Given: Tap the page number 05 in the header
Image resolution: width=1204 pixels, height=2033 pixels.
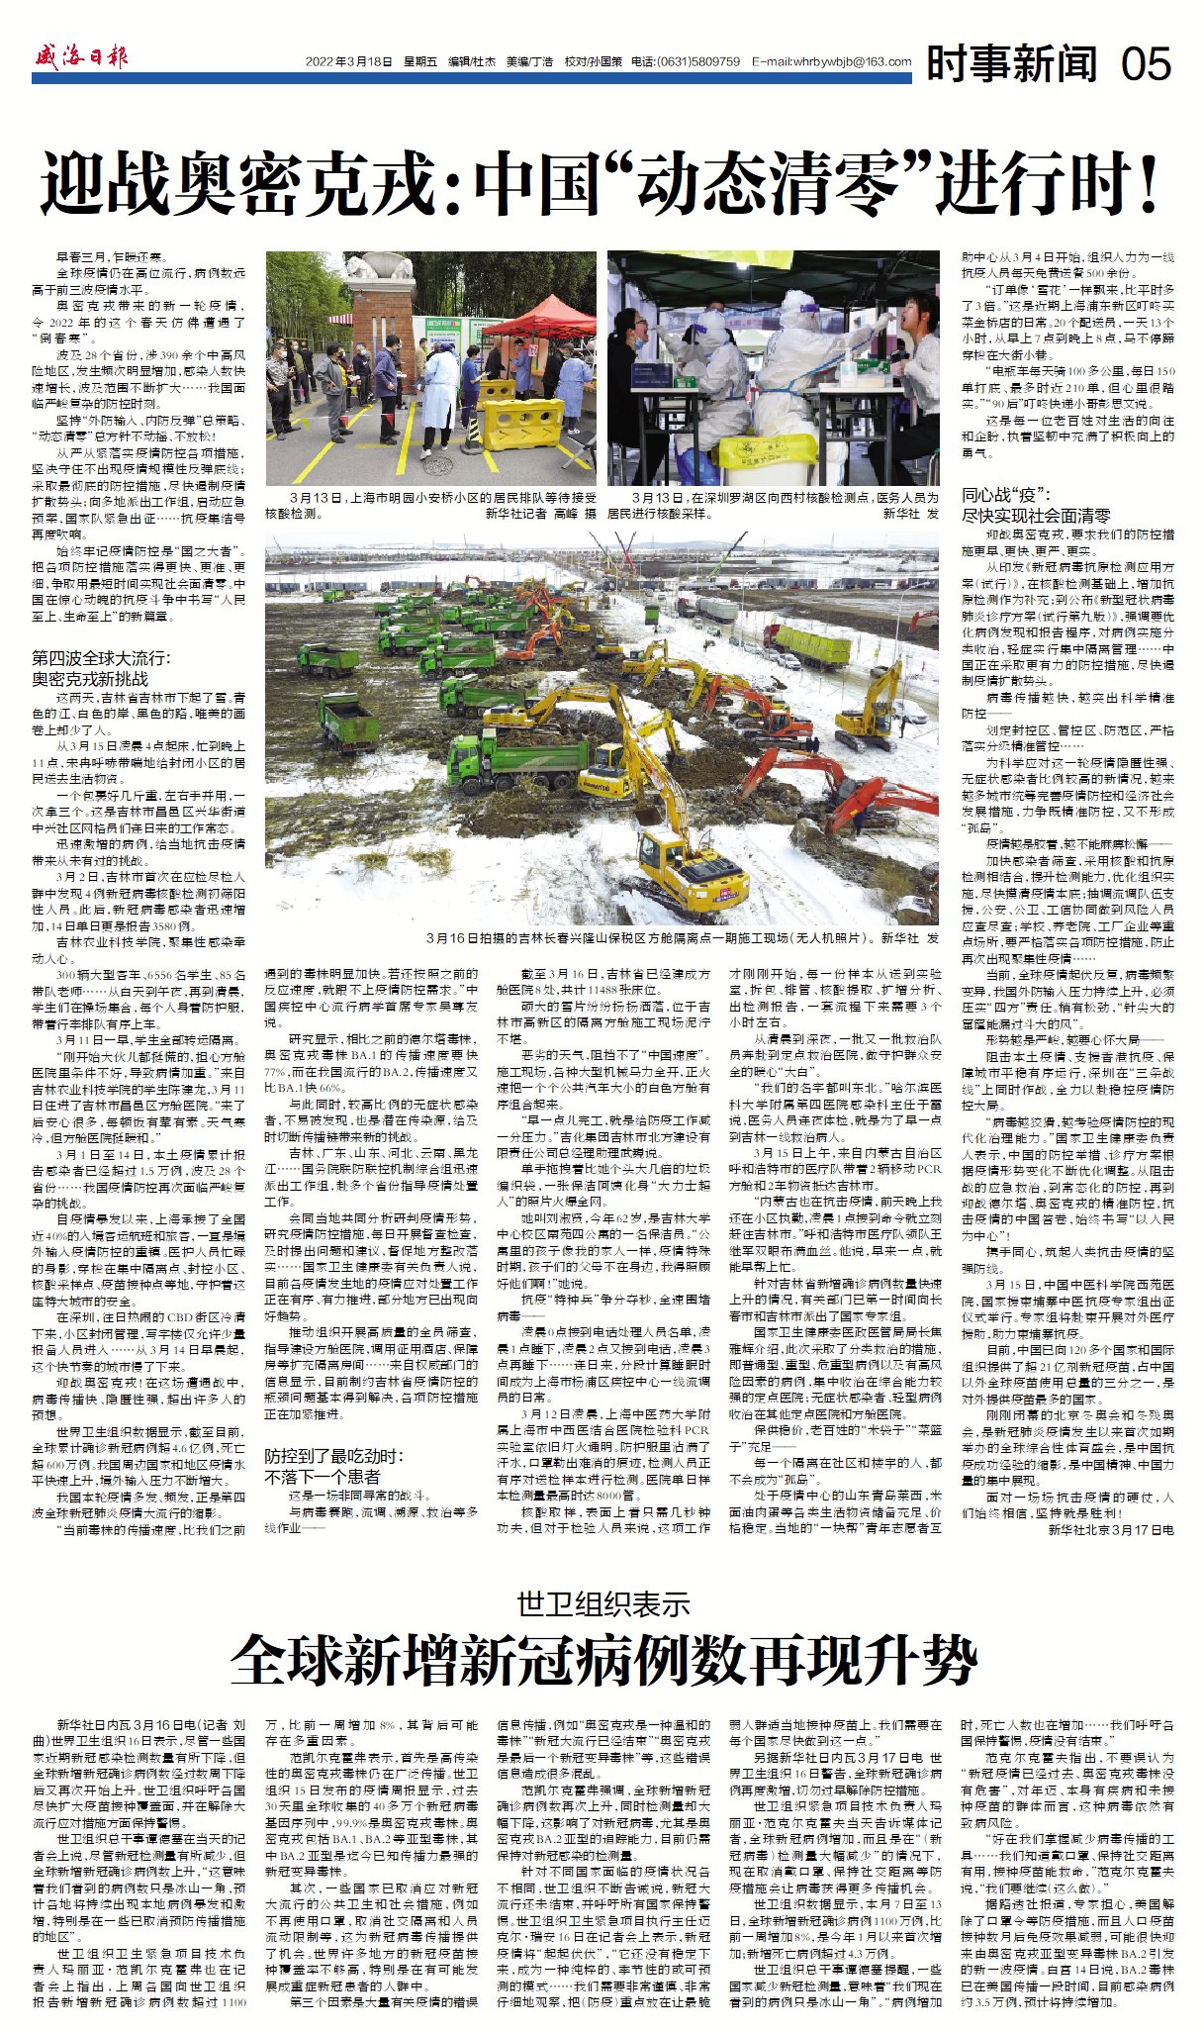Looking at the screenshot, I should [1146, 63].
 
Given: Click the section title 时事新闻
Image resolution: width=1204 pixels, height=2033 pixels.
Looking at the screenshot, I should [1011, 64].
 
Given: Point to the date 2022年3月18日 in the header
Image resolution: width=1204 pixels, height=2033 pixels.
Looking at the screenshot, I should [348, 61].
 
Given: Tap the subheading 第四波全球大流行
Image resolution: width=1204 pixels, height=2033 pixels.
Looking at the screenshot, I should [101, 658].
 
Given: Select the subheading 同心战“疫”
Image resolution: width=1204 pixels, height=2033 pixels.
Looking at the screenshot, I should [1006, 495].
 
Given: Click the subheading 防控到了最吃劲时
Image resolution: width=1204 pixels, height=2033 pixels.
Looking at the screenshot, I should [333, 1456].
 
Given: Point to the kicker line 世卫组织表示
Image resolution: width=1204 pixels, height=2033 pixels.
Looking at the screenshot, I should [602, 1604].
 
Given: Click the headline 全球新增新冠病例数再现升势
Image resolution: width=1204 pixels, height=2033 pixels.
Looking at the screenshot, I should [602, 1662].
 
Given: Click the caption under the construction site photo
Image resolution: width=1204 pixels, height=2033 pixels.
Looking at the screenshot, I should [682, 936].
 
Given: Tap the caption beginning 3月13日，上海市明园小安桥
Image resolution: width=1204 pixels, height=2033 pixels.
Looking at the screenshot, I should [430, 506].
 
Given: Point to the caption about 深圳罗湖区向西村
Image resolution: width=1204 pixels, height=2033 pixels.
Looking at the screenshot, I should [772, 506].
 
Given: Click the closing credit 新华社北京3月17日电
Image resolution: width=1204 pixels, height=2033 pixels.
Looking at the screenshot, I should [1110, 1529].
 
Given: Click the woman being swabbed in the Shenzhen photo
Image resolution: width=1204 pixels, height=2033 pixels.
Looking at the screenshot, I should [915, 371].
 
